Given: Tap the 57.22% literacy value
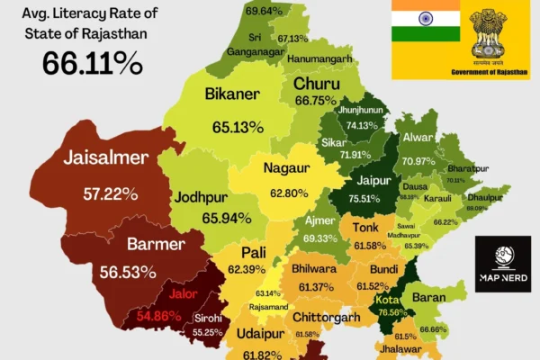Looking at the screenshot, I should pos(110,193).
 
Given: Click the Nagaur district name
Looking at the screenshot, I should pos(286,167).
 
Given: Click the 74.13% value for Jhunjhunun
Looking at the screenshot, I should pos(363,125).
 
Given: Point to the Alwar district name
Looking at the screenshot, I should pos(419,139).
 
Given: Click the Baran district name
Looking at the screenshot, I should pos(428,296).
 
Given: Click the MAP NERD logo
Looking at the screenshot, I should pos(503,265).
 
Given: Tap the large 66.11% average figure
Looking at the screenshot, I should pos(93,63).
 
